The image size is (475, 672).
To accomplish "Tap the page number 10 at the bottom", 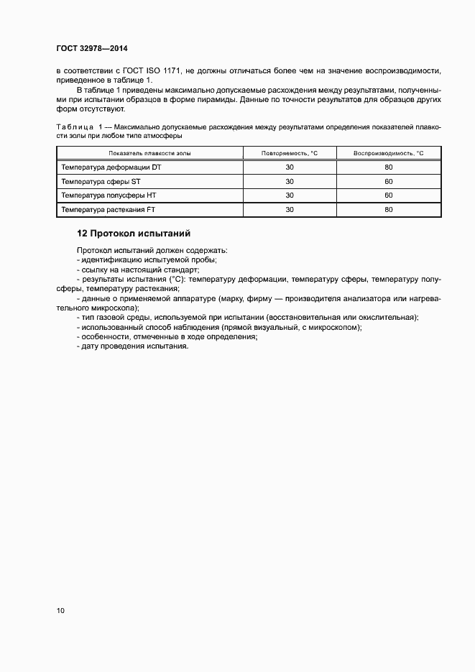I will (x=60, y=611).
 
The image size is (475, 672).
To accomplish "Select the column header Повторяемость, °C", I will (x=289, y=154).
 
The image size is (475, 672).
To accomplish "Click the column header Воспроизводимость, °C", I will (x=389, y=154).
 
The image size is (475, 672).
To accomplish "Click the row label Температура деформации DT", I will (x=111, y=167).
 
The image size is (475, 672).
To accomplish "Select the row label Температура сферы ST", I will (x=101, y=181).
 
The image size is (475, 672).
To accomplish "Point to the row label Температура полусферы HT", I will (x=108, y=195).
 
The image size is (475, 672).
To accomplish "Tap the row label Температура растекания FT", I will (x=109, y=209).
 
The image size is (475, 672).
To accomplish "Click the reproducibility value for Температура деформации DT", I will (x=389, y=167).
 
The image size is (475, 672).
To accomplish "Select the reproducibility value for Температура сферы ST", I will (x=389, y=181).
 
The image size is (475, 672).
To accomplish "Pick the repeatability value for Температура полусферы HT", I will (x=290, y=195).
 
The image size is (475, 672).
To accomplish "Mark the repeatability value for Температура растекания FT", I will (x=290, y=209).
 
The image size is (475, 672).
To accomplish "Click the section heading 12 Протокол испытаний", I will (x=133, y=234).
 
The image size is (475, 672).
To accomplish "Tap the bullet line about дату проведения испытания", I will (x=132, y=346).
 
